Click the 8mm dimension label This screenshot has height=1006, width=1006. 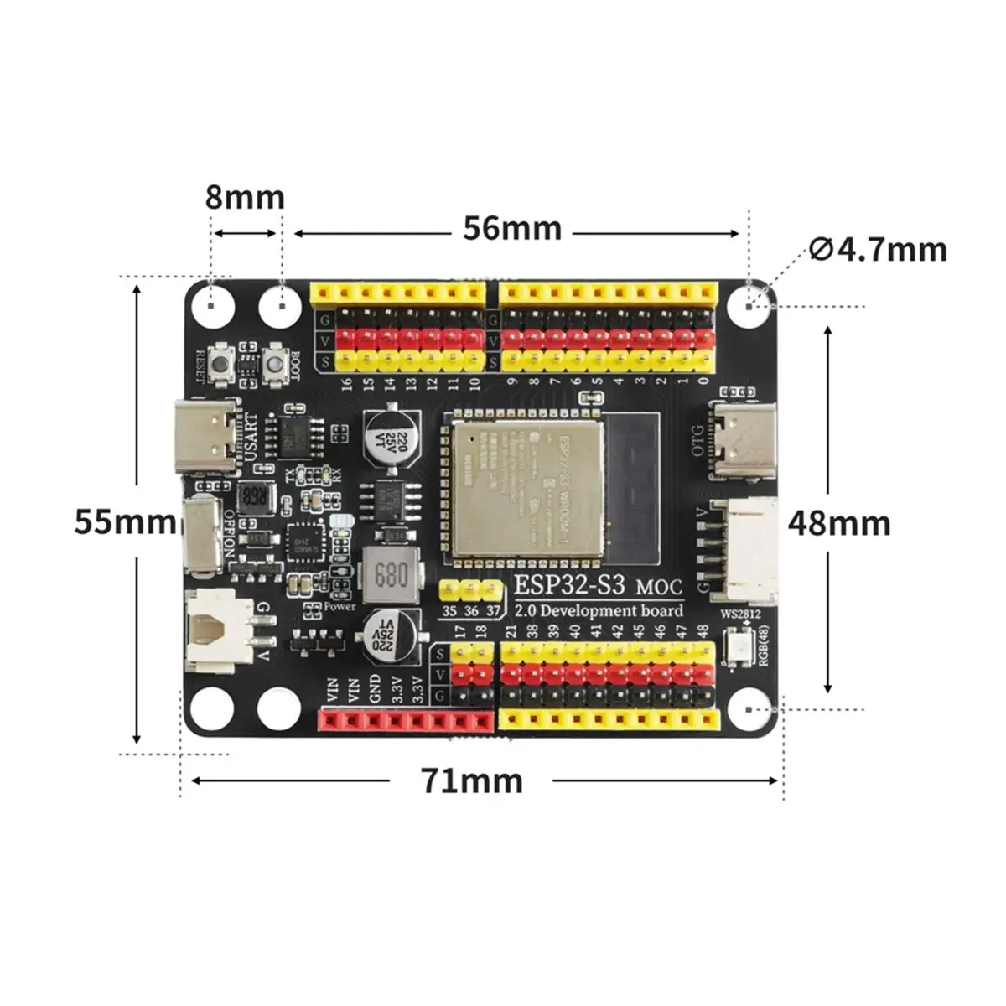[x=245, y=198]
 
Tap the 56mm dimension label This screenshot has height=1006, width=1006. [x=512, y=228]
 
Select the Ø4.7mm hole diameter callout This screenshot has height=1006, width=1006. [x=879, y=249]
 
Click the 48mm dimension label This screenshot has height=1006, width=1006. [x=839, y=523]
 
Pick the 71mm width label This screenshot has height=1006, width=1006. [x=472, y=781]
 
